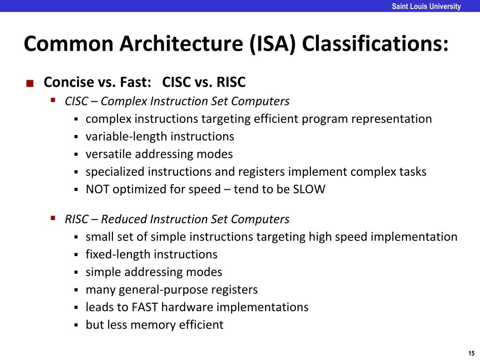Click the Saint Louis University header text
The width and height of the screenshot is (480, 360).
pyautogui.click(x=426, y=7)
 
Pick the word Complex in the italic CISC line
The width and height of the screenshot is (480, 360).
pyautogui.click(x=121, y=101)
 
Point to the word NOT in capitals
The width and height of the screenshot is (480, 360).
pyautogui.click(x=97, y=189)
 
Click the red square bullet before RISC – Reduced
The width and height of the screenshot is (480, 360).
pyautogui.click(x=53, y=218)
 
